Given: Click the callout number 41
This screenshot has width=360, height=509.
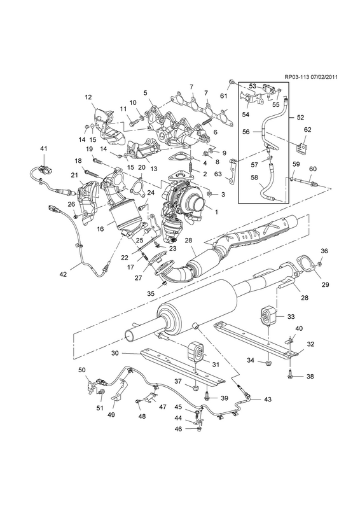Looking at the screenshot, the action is point(43,148).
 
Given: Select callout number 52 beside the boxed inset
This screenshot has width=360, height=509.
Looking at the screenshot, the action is point(300,117).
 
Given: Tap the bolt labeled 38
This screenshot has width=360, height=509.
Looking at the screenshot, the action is point(290,375).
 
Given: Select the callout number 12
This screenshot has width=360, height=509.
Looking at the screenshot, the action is point(88,97).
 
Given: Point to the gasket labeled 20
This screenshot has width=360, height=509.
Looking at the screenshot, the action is point(137,185).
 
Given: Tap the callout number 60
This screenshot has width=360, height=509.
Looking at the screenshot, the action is point(312,169).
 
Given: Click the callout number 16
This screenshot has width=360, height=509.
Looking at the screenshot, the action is point(100,229).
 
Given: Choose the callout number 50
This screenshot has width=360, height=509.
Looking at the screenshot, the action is point(82,370).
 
